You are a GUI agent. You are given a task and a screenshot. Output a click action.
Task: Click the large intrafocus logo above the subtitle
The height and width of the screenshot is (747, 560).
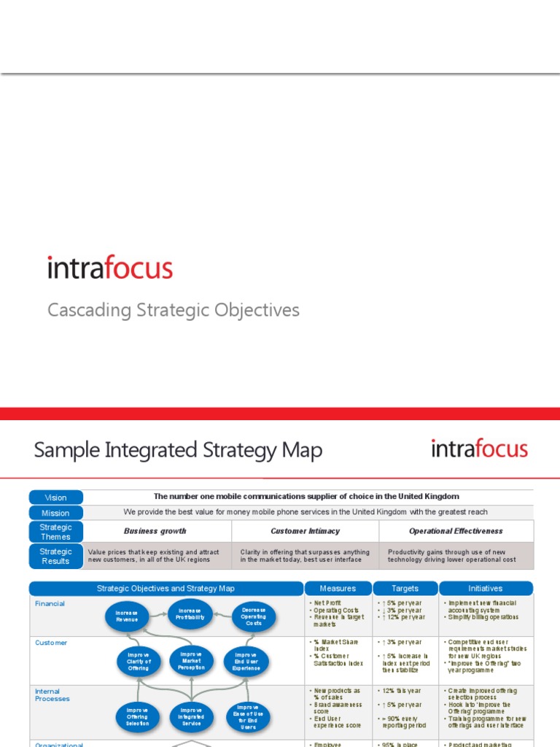tap(110, 268)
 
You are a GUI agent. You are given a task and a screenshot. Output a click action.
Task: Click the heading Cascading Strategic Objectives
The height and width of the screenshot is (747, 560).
tap(174, 310)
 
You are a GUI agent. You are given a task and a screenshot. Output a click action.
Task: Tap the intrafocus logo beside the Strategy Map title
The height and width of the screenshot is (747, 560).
tap(479, 449)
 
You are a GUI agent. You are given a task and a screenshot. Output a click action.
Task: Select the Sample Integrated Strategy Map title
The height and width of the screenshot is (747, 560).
tap(178, 450)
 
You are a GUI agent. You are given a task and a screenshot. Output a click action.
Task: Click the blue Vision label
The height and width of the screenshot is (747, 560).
tap(55, 498)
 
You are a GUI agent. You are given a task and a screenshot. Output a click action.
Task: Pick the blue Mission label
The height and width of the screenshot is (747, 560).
tap(55, 513)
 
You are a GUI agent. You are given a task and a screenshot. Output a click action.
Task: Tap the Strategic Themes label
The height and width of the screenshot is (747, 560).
tap(55, 532)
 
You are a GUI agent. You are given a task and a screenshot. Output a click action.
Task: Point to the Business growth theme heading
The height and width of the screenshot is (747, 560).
tap(155, 531)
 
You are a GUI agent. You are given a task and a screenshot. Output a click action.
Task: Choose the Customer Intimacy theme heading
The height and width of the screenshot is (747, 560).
tap(305, 531)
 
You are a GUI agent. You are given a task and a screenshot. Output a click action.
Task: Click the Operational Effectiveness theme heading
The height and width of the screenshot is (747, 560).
tap(456, 531)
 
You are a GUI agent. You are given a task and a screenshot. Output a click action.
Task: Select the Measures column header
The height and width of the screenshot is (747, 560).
tap(338, 588)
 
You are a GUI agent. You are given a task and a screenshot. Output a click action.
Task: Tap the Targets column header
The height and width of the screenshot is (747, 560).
tap(405, 588)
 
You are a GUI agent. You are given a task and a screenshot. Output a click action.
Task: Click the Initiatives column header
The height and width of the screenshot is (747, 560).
tap(486, 588)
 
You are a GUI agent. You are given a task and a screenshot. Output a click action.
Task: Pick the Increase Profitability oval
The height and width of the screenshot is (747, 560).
tap(190, 614)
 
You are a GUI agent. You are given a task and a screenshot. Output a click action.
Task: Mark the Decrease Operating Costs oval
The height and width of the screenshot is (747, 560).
tap(254, 616)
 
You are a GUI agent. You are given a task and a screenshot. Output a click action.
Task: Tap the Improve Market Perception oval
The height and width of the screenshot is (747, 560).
tap(191, 660)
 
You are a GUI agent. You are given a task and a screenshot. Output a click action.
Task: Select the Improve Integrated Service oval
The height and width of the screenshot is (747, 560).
tap(191, 716)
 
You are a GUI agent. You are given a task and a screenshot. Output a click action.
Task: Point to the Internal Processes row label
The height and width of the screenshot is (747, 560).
tap(52, 694)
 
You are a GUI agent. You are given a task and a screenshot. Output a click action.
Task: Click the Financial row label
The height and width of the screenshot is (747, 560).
tap(50, 603)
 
